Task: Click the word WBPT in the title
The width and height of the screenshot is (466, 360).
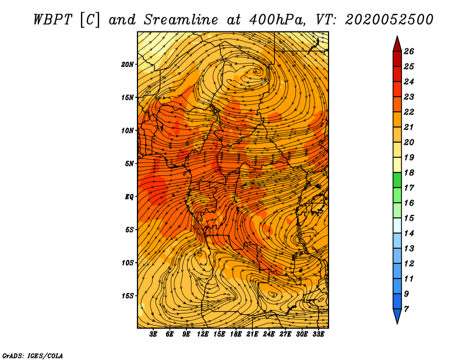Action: coord(52,20)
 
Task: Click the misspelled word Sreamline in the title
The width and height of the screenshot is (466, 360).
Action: coord(181,20)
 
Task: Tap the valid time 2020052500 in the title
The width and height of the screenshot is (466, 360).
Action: coord(389,20)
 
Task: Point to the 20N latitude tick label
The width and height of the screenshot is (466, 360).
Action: coord(127,65)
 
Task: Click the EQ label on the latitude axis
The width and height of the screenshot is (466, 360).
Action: coord(129,197)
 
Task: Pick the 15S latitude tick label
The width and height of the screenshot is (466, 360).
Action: coord(127,296)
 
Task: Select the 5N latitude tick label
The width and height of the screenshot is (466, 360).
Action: coord(129,164)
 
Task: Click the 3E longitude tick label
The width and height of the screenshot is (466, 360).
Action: coord(153,334)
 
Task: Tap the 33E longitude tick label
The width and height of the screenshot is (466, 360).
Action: coord(318,334)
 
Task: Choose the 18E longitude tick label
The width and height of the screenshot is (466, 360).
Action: coord(235,334)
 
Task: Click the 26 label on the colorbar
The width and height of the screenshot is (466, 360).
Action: coord(409,51)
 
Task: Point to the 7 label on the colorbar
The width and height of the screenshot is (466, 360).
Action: coord(406,309)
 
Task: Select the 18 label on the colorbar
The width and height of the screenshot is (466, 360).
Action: coord(409,172)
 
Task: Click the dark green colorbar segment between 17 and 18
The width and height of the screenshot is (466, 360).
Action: coord(397,180)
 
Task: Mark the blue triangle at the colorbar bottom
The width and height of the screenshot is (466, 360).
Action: coord(397,316)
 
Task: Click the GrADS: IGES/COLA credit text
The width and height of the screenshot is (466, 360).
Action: coord(33,356)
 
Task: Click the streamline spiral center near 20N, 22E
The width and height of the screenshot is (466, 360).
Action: coord(257,72)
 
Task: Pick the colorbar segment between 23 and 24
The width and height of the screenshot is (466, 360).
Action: coord(397,89)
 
